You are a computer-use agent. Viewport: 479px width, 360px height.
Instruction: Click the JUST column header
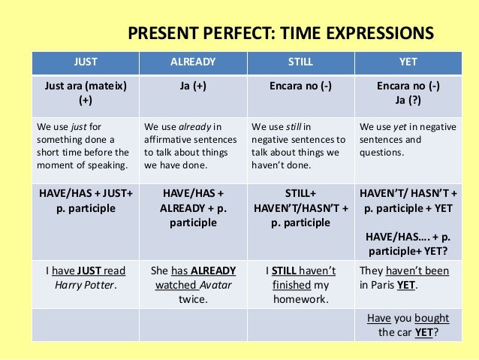(x=85, y=62)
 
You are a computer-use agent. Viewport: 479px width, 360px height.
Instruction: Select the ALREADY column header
(x=193, y=62)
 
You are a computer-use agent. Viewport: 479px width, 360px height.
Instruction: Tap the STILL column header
(x=300, y=62)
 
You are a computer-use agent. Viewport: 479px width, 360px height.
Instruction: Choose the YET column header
(x=409, y=62)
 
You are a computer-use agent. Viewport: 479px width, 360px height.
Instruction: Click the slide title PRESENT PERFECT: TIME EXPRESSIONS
(x=280, y=33)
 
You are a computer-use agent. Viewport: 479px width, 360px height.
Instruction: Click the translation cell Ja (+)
(x=193, y=86)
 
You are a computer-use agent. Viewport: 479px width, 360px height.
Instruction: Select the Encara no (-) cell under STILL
(x=300, y=86)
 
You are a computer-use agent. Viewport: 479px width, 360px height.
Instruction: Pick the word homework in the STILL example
(x=300, y=299)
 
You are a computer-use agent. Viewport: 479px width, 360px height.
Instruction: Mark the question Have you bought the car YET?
(x=409, y=325)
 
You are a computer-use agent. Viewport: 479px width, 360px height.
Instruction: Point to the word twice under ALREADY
(x=193, y=299)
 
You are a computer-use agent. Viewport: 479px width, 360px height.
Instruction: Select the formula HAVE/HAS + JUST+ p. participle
(x=85, y=201)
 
